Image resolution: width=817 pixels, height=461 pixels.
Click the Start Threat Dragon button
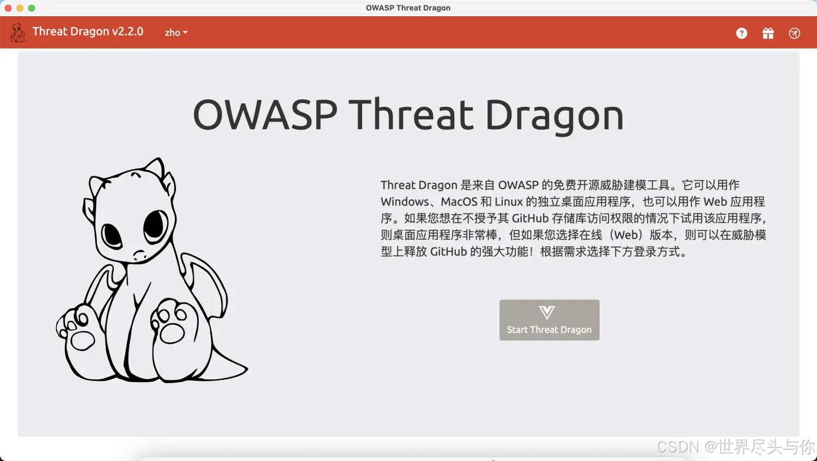click(x=549, y=320)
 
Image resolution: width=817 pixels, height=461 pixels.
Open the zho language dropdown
click(x=176, y=33)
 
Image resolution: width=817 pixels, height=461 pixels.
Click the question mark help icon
click(x=741, y=33)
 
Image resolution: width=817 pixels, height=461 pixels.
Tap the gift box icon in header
click(x=768, y=33)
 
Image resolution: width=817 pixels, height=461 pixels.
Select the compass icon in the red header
click(x=795, y=33)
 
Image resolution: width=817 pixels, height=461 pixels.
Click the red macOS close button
click(x=8, y=8)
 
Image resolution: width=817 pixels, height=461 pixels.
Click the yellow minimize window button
click(x=20, y=8)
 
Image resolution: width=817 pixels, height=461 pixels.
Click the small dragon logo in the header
click(x=18, y=33)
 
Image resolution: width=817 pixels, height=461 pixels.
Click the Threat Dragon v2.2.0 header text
click(x=88, y=32)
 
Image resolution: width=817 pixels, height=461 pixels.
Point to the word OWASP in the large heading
click(x=265, y=115)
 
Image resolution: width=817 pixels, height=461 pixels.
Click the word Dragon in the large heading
click(x=554, y=115)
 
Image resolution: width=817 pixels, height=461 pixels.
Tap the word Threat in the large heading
click(x=411, y=115)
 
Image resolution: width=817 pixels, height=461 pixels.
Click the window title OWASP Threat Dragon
click(x=408, y=8)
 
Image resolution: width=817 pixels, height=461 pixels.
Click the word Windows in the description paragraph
click(x=405, y=202)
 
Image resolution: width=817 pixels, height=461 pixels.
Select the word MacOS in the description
click(x=459, y=202)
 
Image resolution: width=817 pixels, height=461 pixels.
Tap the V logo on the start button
click(x=547, y=312)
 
